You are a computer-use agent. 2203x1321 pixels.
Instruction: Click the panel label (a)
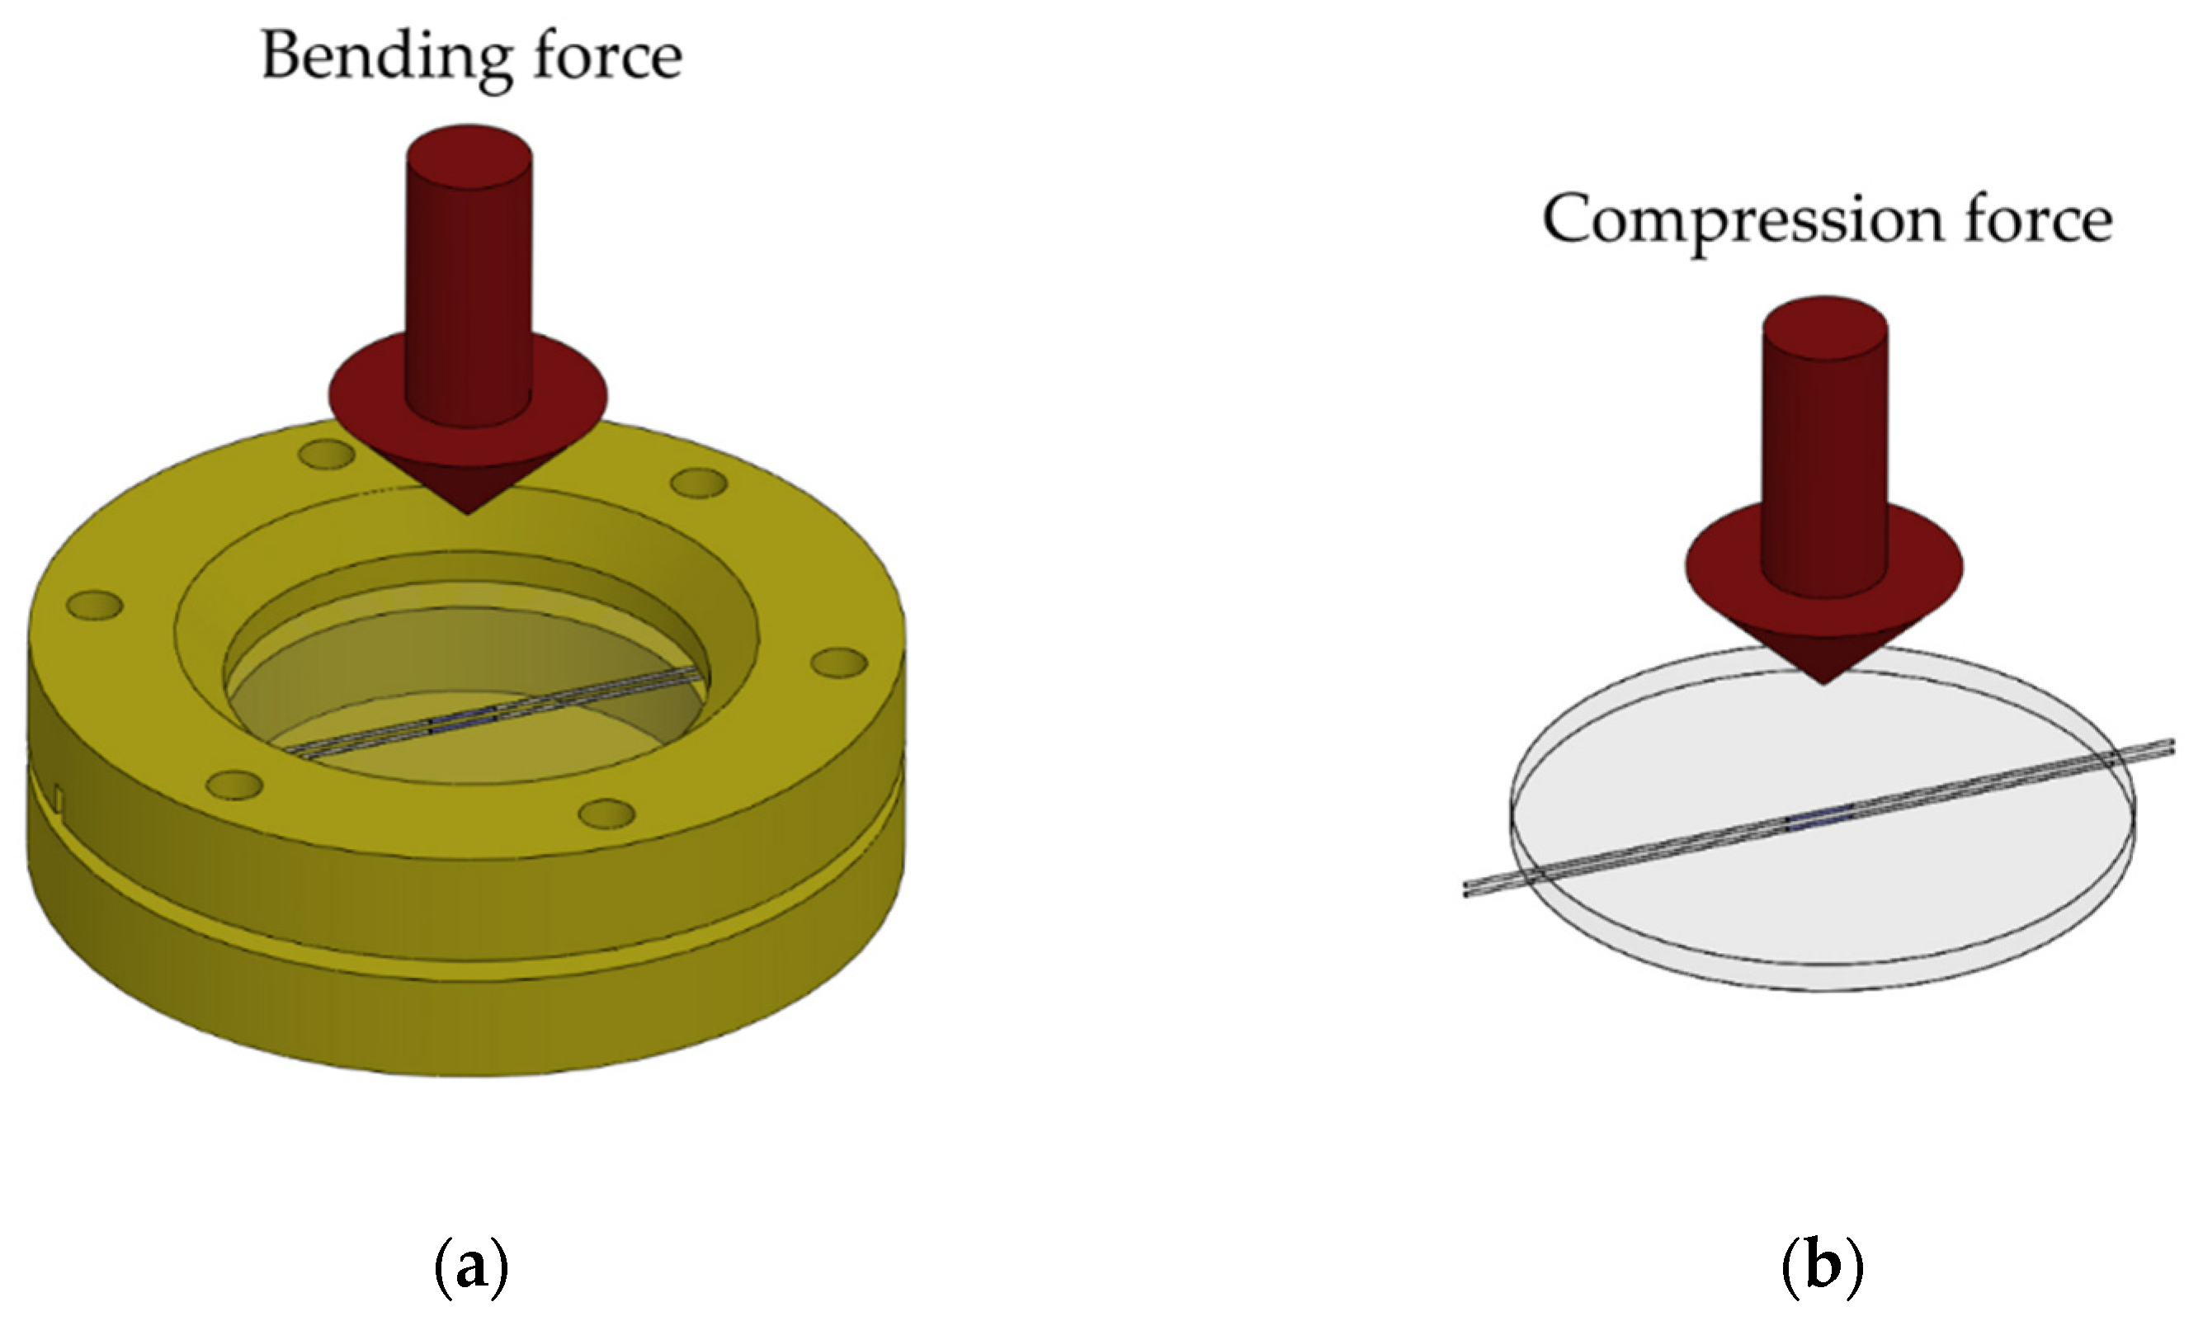(x=471, y=1267)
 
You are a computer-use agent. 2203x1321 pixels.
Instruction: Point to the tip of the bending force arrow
(x=468, y=512)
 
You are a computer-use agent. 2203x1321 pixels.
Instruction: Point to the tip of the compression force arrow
(x=1823, y=682)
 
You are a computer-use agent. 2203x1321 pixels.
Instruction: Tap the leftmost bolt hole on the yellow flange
(x=94, y=606)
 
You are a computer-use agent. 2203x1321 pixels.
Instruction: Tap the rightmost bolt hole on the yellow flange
(x=839, y=663)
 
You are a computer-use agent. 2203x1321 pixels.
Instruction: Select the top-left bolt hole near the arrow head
(x=328, y=455)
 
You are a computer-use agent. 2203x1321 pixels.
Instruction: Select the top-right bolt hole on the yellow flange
(x=699, y=484)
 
